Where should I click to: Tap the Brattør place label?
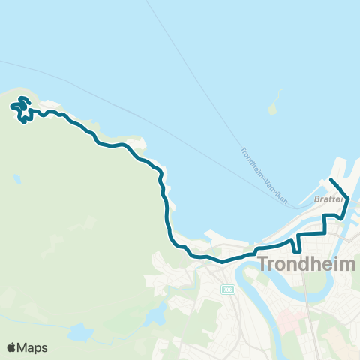click(329, 199)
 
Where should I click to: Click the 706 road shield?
click(226, 289)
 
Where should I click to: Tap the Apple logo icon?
click(13, 347)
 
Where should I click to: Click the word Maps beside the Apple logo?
click(34, 347)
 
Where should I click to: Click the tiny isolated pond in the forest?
click(16, 180)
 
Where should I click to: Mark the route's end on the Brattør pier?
click(331, 180)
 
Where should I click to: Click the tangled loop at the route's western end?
click(22, 110)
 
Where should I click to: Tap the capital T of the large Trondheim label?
click(264, 265)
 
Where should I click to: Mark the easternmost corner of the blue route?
click(349, 194)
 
